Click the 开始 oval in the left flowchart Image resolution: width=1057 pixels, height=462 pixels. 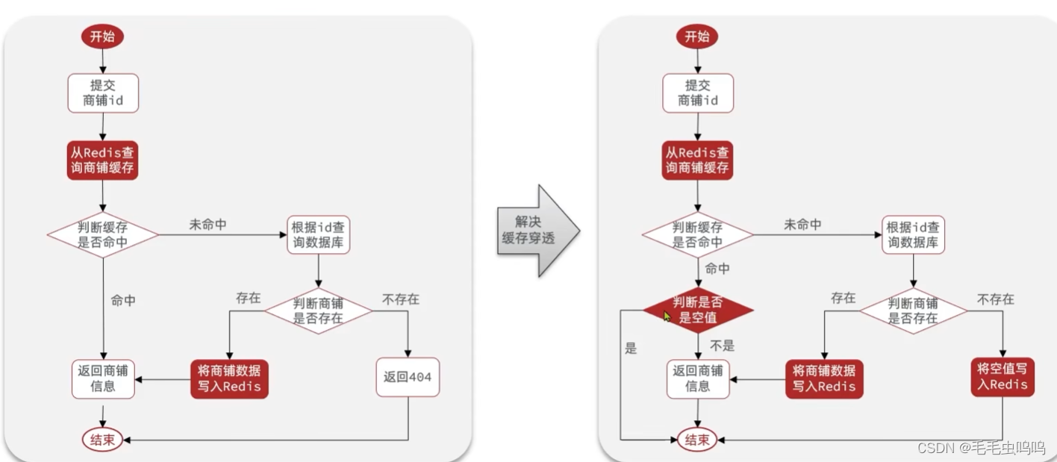pyautogui.click(x=102, y=37)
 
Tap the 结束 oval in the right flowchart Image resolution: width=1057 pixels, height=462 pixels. pyautogui.click(x=697, y=440)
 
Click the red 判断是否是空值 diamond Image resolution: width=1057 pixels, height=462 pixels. pyautogui.click(x=698, y=310)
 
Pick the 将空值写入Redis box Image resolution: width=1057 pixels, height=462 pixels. pyautogui.click(x=1002, y=377)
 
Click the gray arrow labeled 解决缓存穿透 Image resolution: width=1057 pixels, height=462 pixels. pyautogui.click(x=536, y=231)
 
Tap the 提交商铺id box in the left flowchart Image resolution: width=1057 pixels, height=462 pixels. pyautogui.click(x=102, y=93)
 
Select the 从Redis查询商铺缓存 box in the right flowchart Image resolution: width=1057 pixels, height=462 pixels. pyautogui.click(x=697, y=160)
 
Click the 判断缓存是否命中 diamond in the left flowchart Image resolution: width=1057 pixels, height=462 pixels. pyautogui.click(x=102, y=234)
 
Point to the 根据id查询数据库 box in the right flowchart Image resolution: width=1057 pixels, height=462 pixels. pyautogui.click(x=913, y=234)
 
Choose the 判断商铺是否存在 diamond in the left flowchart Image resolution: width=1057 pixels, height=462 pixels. pyautogui.click(x=319, y=310)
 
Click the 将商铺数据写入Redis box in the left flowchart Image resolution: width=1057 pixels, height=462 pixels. pyautogui.click(x=228, y=379)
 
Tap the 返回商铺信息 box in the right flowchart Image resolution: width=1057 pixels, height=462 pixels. pyautogui.click(x=697, y=379)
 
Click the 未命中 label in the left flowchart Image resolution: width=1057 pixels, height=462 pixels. pyautogui.click(x=208, y=224)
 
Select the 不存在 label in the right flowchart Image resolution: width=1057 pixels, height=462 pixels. pyautogui.click(x=996, y=299)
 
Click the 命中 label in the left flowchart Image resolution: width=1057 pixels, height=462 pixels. pyautogui.click(x=123, y=300)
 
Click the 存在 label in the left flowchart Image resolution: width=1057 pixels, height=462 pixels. pyautogui.click(x=248, y=298)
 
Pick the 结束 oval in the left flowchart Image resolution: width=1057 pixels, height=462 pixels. pyautogui.click(x=102, y=440)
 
